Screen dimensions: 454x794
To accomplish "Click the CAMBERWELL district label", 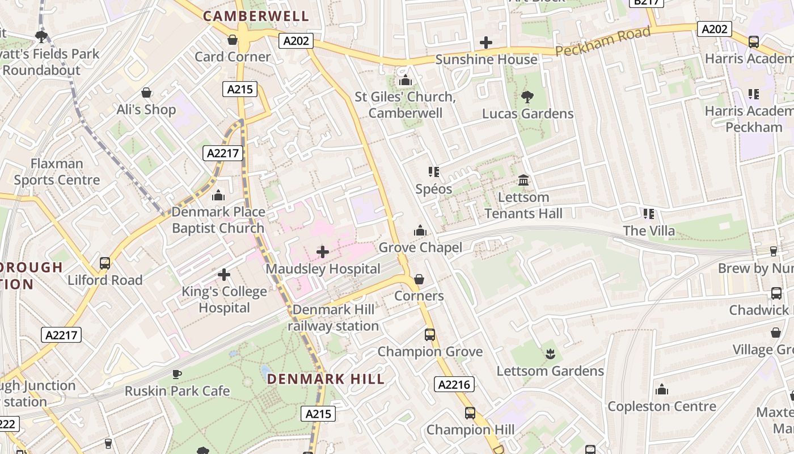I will click(x=256, y=16).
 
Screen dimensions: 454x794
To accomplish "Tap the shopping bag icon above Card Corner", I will click(x=233, y=40).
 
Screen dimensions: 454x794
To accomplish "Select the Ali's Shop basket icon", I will click(x=146, y=93).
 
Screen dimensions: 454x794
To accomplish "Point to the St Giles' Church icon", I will click(x=405, y=81).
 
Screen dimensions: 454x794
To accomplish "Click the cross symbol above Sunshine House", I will click(x=486, y=43).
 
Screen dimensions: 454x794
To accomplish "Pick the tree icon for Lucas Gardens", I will click(x=527, y=97).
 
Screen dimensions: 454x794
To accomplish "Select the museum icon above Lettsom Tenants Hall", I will click(x=523, y=180).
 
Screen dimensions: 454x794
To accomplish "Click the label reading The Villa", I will click(x=649, y=230).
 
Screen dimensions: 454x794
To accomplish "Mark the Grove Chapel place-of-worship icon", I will click(x=420, y=230).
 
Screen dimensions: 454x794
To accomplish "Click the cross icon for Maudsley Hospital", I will click(x=323, y=252).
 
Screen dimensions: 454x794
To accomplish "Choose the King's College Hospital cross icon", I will click(x=224, y=275).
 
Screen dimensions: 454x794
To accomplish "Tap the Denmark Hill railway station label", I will click(x=333, y=318).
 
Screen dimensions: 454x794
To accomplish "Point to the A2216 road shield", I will click(x=454, y=384).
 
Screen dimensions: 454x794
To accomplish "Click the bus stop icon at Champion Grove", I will click(x=430, y=335).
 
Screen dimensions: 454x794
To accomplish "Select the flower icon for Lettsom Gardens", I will click(x=550, y=355).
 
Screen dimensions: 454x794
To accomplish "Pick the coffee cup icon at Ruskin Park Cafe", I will click(x=177, y=374).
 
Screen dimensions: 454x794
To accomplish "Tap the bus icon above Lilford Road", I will click(x=105, y=263).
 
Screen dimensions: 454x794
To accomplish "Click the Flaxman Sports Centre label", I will click(x=57, y=172).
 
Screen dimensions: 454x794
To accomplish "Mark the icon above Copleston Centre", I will click(x=661, y=390).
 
